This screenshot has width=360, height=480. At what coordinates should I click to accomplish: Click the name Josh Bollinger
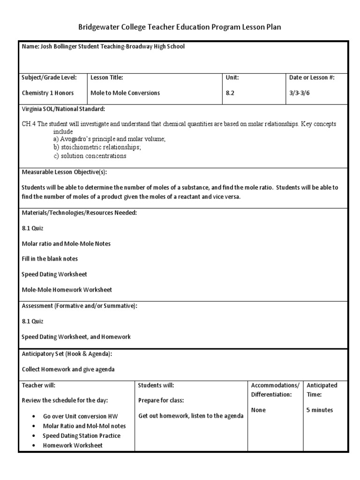coord(59,47)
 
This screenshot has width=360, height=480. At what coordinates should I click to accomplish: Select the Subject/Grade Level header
coord(49,77)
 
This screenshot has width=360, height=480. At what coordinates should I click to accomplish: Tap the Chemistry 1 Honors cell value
coord(48,93)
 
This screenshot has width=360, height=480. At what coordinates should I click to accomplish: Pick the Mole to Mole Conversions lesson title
coord(125,93)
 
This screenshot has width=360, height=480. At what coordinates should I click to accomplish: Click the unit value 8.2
coord(230,93)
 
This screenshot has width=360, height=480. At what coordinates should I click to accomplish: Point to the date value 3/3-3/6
coord(300,93)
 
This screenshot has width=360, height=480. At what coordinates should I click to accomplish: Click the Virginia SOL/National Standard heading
coord(64,109)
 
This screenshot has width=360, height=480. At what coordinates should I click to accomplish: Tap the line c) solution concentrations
coord(90,156)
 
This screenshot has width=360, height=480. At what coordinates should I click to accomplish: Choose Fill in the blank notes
coord(50,259)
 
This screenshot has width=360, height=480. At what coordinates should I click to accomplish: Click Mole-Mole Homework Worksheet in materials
coord(67,290)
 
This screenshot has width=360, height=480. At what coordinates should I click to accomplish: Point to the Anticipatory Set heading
coord(67,353)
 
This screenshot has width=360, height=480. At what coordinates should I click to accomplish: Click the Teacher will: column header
coord(39,385)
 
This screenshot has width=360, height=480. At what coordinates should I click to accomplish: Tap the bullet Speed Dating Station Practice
coord(82,435)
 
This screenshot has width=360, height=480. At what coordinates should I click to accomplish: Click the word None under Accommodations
coord(258,410)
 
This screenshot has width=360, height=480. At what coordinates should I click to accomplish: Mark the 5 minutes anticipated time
coord(320,410)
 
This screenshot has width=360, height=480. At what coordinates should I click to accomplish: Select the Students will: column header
coord(156,385)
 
